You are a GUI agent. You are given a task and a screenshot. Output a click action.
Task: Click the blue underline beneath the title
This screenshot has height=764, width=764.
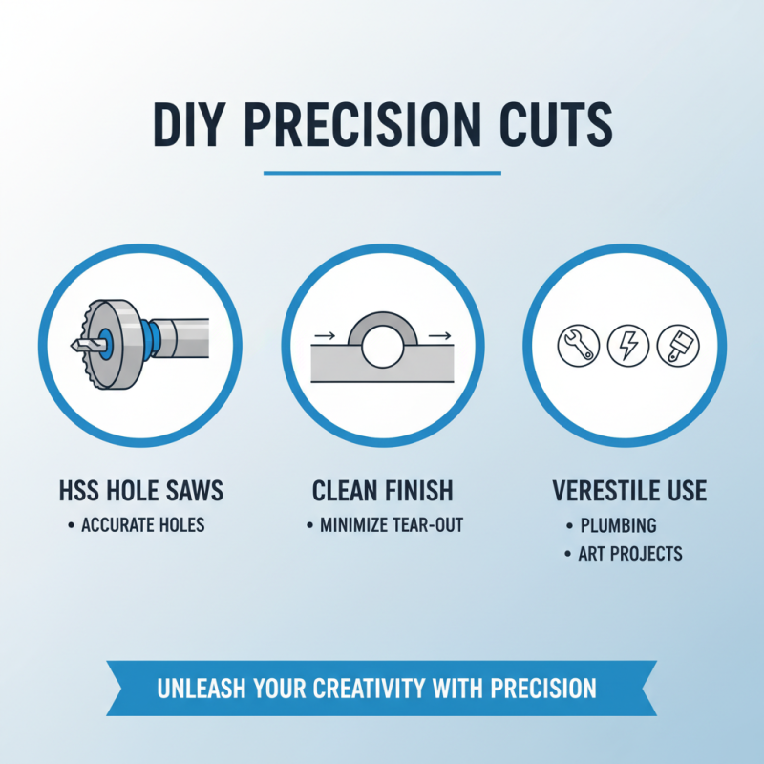[382, 173]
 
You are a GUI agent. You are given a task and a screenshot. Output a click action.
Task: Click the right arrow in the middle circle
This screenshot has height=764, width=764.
[439, 336]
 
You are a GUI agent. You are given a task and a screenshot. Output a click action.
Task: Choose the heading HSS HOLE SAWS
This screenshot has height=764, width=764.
[141, 492]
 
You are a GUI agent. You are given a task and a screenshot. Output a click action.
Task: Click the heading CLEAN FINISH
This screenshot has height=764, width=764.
[382, 492]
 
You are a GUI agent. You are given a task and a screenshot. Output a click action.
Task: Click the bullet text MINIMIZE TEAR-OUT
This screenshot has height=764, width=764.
[391, 524]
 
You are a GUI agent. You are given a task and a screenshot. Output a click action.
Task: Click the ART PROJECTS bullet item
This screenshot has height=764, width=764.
[630, 554]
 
